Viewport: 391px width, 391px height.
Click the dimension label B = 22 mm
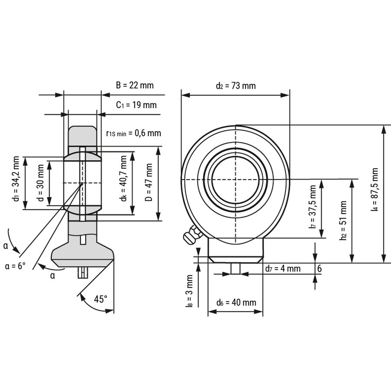coord(135,86)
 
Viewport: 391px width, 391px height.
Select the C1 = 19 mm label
coord(136,105)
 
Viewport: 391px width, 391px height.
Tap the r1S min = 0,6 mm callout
coord(133,133)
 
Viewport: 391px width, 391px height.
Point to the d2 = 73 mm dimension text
coord(235,86)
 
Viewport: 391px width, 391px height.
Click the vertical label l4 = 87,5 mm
coord(374,190)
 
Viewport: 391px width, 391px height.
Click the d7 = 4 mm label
coord(283,268)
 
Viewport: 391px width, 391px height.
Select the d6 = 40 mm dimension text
coord(236,302)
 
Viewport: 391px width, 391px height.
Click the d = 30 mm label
coord(40,182)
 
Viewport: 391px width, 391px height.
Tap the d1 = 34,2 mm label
coord(16,182)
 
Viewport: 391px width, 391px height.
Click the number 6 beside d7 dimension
coord(319,268)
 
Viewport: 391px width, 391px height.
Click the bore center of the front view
coord(235,179)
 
